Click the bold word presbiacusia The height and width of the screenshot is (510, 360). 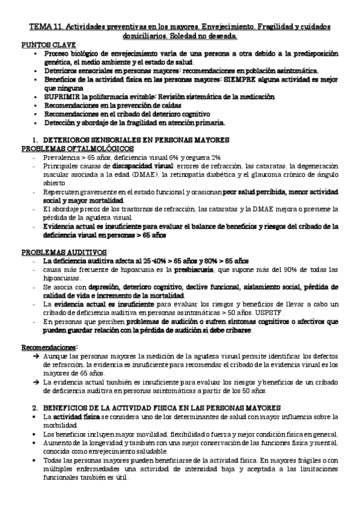[194, 270]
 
